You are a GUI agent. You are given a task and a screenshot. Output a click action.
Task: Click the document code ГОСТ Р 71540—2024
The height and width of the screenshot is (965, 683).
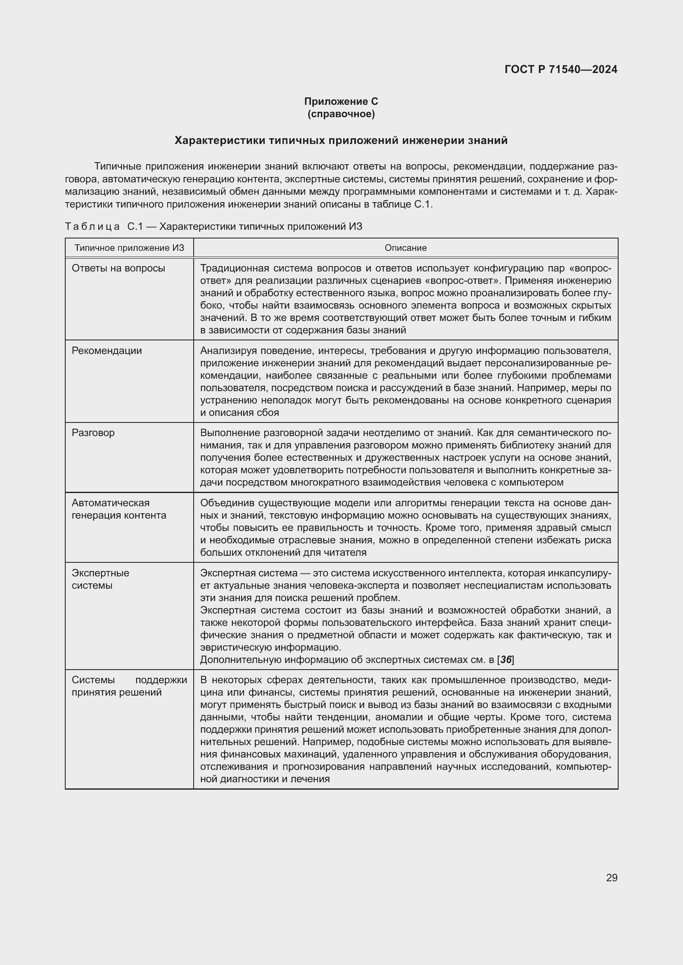pyautogui.click(x=561, y=69)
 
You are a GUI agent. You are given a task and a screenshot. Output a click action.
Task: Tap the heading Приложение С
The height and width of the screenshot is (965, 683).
pyautogui.click(x=341, y=101)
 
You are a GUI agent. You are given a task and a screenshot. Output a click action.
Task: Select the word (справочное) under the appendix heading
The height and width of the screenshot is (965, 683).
pyautogui.click(x=341, y=114)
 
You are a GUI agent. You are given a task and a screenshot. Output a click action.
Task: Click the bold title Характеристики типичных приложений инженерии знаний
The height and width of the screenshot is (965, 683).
pyautogui.click(x=341, y=140)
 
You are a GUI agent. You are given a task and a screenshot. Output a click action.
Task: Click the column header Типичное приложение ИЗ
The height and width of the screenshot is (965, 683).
pyautogui.click(x=129, y=248)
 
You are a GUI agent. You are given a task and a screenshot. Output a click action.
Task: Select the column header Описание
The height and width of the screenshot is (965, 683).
pyautogui.click(x=406, y=248)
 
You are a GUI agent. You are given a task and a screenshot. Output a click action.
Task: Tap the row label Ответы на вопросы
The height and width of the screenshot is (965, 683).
pyautogui.click(x=119, y=268)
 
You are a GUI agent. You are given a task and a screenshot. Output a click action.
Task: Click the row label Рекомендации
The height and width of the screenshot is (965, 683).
pyautogui.click(x=107, y=351)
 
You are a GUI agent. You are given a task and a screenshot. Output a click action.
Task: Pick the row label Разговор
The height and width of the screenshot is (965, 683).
pyautogui.click(x=93, y=433)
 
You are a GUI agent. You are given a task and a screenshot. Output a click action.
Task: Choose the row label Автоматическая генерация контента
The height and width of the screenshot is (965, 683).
pyautogui.click(x=119, y=509)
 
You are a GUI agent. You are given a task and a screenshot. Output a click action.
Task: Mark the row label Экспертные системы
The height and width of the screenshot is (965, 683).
pyautogui.click(x=100, y=579)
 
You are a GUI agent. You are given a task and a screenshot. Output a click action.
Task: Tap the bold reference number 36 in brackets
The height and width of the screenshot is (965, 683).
pyautogui.click(x=505, y=660)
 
